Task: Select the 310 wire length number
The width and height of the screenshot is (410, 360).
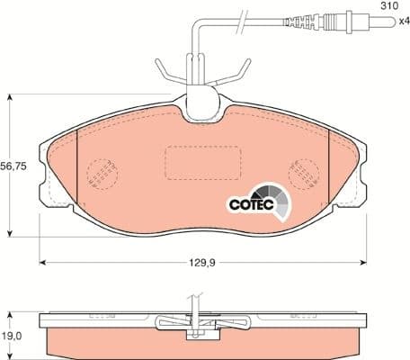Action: (388, 6)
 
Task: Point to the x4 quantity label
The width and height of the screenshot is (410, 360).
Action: (392, 23)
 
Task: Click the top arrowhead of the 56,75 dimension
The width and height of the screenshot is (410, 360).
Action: (10, 96)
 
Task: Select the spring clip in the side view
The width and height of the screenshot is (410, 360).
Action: (202, 324)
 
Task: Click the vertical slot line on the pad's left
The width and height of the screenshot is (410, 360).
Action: (79, 167)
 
